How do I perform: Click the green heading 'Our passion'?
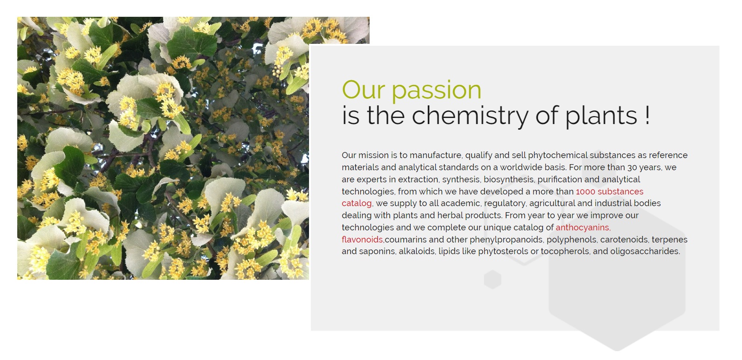[x=412, y=90]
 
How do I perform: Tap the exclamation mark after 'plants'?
[x=647, y=115]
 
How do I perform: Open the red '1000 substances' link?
[x=610, y=192]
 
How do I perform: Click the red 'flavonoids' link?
[x=363, y=239]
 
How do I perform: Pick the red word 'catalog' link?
[x=357, y=203]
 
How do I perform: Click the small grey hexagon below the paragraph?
[x=493, y=279]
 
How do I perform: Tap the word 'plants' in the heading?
[x=601, y=116]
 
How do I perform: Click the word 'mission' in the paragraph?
[x=373, y=155]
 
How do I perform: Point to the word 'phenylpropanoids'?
[x=507, y=240]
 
